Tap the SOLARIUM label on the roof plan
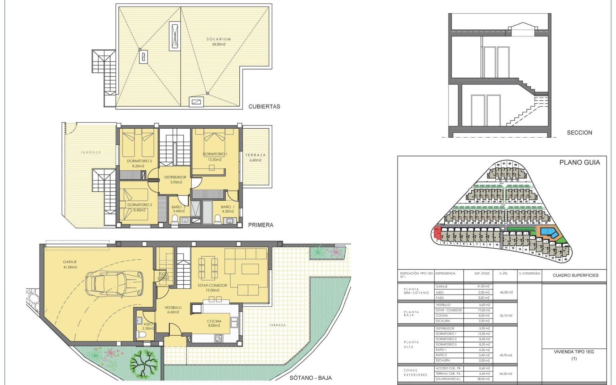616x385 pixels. (218, 39)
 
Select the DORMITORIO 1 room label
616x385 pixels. (215, 154)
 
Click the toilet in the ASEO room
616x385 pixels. (141, 335)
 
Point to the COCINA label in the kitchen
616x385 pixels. (214, 321)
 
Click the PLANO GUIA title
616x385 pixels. (579, 163)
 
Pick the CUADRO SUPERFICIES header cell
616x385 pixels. (576, 275)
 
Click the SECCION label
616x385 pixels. (579, 133)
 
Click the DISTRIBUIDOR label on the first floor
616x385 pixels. (175, 177)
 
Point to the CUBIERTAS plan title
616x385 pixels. (264, 107)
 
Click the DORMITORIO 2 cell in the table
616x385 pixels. (446, 339)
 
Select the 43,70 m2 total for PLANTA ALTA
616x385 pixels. (506, 355)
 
